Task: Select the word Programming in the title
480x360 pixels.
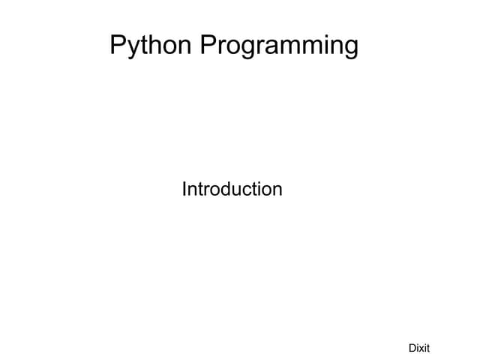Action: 280,46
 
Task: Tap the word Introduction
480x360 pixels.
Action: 232,189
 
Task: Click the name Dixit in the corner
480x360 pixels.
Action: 418,347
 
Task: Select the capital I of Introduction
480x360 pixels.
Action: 184,189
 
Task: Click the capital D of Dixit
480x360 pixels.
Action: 412,347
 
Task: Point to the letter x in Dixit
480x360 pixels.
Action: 421,348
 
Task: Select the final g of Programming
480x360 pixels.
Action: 350,48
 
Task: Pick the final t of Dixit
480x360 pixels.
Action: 428,347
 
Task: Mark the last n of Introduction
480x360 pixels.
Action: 277,190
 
